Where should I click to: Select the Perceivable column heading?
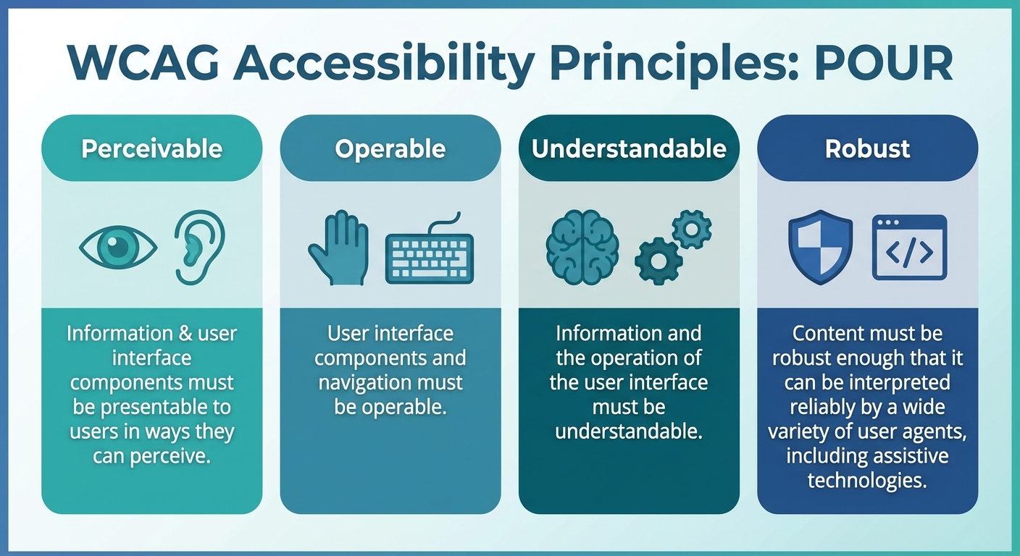(x=151, y=148)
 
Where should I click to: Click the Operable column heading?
(x=390, y=148)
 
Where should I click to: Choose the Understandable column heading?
(x=629, y=148)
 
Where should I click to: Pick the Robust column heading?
(x=867, y=148)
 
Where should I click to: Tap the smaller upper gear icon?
(x=691, y=229)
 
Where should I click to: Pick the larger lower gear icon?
(x=659, y=260)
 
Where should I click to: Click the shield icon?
(x=820, y=247)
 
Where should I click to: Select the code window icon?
(x=909, y=248)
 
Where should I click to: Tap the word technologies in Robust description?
(x=867, y=481)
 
